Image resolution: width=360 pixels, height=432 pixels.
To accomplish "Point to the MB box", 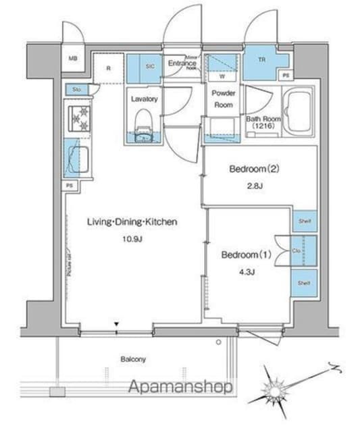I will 73,59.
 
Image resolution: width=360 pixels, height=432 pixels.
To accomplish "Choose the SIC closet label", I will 149,65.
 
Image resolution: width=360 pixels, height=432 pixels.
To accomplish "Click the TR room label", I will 261,59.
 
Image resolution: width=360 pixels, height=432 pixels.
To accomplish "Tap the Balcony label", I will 134,359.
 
